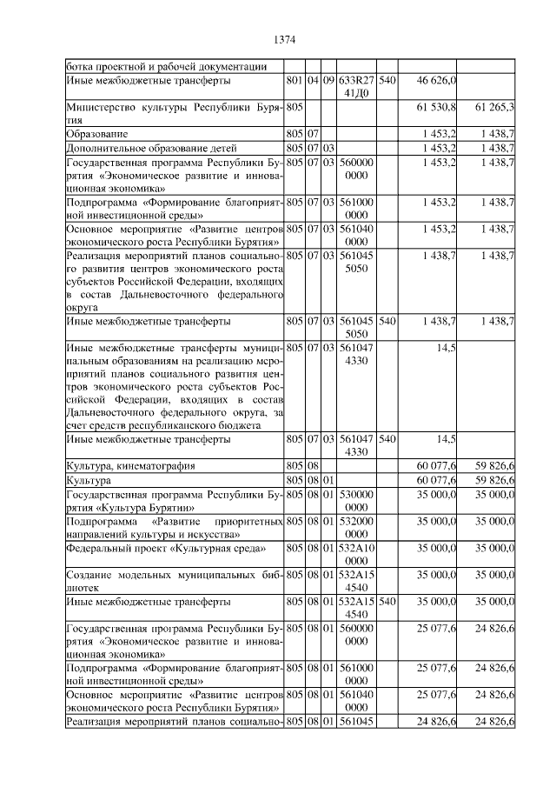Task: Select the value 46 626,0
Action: pos(438,80)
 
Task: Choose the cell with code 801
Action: pos(294,80)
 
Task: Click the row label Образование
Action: pos(98,134)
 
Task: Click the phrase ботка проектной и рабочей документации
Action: pos(166,66)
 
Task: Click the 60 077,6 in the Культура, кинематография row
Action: pos(438,465)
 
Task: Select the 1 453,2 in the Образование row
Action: pos(438,134)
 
